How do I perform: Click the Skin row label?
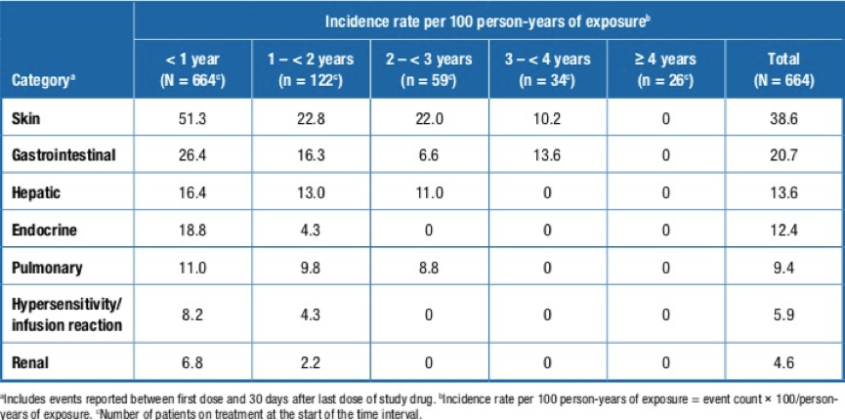(x=25, y=118)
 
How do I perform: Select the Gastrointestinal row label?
(x=63, y=156)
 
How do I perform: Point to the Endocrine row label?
(x=44, y=231)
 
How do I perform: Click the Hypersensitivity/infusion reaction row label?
(x=66, y=315)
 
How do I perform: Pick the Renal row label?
(x=29, y=362)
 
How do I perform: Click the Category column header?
(x=44, y=82)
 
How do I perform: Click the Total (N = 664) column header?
(x=784, y=70)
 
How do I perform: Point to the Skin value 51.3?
(x=192, y=118)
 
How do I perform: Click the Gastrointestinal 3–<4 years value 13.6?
(x=548, y=156)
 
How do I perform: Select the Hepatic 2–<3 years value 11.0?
(x=430, y=193)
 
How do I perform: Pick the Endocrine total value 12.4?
(x=784, y=231)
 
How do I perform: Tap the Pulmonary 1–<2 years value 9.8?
(x=311, y=268)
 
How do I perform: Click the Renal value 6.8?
(x=192, y=362)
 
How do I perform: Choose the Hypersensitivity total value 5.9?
(x=784, y=315)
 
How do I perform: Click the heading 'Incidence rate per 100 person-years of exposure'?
(x=488, y=21)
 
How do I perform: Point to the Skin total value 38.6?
(x=784, y=118)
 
